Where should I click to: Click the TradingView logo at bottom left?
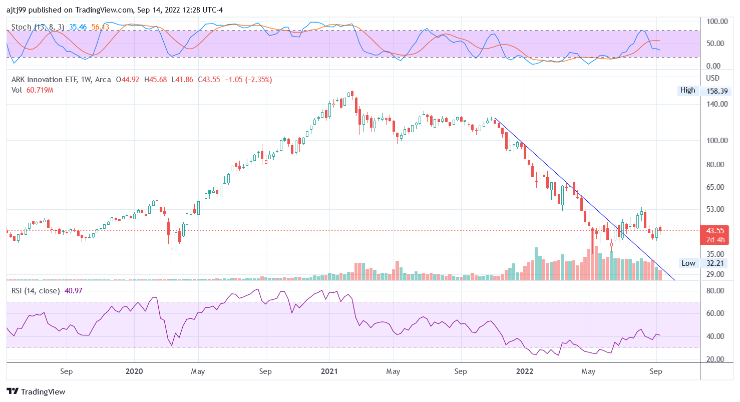click(36, 391)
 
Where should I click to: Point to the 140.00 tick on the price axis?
click(716, 104)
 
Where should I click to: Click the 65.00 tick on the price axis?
click(716, 187)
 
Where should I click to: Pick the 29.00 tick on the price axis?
click(716, 274)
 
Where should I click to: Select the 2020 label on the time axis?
click(134, 371)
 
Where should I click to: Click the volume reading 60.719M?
click(40, 90)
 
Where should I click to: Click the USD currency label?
click(712, 78)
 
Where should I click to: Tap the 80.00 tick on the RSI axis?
click(716, 291)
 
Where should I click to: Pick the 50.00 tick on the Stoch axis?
click(716, 44)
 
